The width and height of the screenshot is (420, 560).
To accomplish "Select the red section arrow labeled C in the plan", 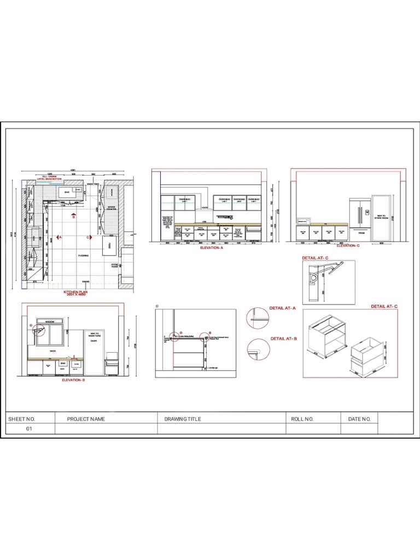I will tap(92, 237).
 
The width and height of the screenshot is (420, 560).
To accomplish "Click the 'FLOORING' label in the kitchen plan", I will tap(83, 255).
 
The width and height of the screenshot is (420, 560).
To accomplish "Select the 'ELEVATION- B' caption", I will tap(73, 379).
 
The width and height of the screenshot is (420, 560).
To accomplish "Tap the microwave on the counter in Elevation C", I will tap(302, 220).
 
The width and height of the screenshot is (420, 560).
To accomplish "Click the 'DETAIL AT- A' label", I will tap(283, 308).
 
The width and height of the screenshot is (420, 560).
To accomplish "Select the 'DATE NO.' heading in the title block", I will tap(359, 419).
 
